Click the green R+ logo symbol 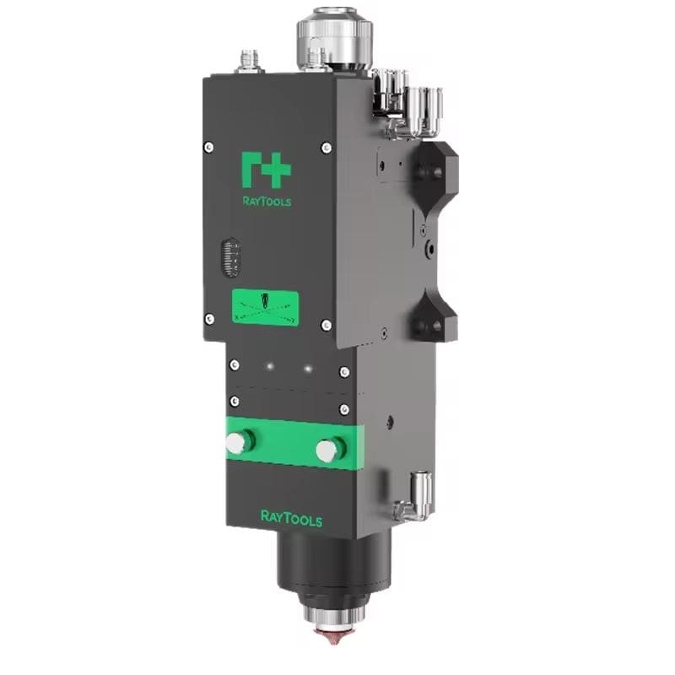coord(266,170)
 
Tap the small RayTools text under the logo coord(267,201)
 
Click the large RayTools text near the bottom coord(291,519)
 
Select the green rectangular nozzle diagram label coord(265,307)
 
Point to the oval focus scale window coord(230,257)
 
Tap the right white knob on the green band coord(330,450)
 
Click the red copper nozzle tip coord(333,636)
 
